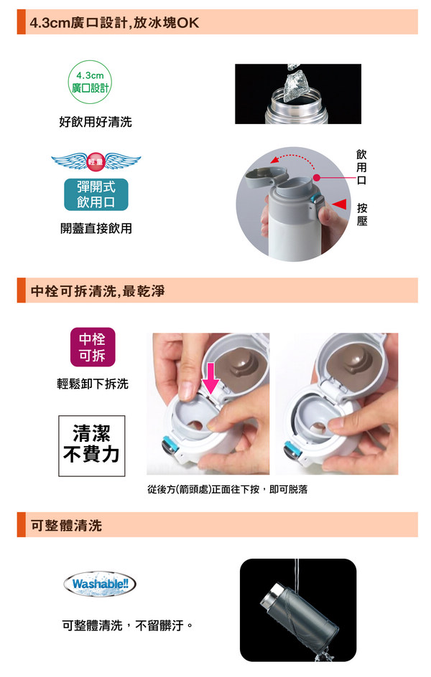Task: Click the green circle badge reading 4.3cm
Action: (90, 82)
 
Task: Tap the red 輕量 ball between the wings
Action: (96, 161)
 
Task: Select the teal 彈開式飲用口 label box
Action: (96, 194)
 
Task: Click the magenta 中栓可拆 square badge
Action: (93, 347)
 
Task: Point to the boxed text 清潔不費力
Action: (92, 446)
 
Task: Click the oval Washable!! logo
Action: (100, 584)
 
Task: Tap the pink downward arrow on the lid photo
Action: (211, 378)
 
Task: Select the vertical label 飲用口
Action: (361, 166)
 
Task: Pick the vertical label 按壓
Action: (362, 214)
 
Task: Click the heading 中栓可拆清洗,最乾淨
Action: (98, 291)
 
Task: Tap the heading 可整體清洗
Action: (67, 526)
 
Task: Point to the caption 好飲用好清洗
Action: (96, 122)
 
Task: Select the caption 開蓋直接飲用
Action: (96, 228)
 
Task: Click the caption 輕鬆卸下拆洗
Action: (93, 384)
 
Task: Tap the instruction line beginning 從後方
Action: (228, 489)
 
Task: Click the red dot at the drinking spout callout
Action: (317, 177)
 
